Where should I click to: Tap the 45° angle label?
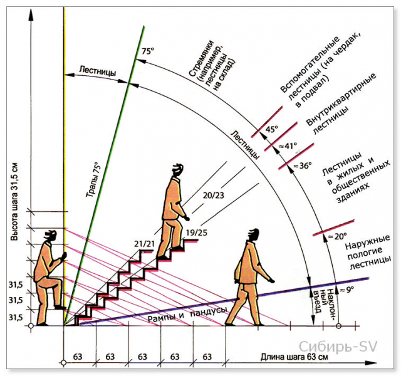[x=271, y=129]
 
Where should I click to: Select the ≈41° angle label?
[x=288, y=146]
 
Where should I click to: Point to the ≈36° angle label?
[x=303, y=165]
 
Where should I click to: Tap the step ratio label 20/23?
[x=213, y=196]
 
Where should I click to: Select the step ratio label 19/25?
[x=196, y=233]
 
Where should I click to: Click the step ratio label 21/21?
[x=144, y=244]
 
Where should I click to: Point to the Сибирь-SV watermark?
[x=338, y=347]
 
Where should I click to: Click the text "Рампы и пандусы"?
[x=187, y=315]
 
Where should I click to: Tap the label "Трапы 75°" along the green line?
[x=93, y=180]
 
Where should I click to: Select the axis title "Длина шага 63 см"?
[x=294, y=357]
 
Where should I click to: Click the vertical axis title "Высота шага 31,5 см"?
[x=14, y=202]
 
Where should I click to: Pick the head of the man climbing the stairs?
[x=177, y=170]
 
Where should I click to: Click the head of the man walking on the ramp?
[x=253, y=235]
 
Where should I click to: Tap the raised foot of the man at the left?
[x=60, y=308]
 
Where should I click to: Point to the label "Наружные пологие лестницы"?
[x=368, y=253]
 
